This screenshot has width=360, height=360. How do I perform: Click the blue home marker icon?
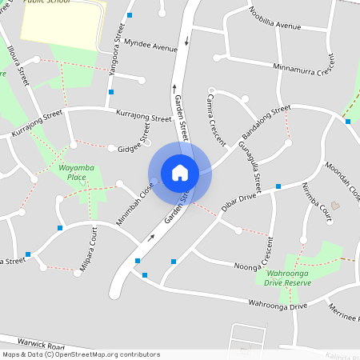tap(179, 172)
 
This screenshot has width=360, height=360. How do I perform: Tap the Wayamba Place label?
tap(77, 172)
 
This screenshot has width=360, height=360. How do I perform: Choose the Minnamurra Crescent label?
tap(305, 70)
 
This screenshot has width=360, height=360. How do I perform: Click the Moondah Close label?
tap(342, 176)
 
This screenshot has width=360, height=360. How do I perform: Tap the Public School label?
tap(46, 2)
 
